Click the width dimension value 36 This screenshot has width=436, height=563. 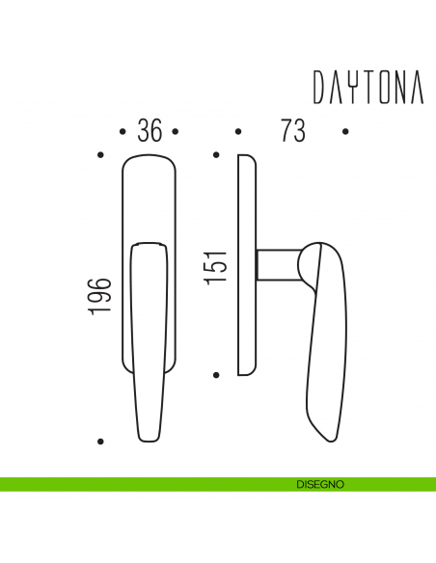tap(149, 131)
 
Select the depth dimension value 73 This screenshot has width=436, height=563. tap(291, 131)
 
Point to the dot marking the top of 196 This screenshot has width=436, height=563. tap(101, 153)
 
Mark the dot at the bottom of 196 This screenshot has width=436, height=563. tap(101, 441)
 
